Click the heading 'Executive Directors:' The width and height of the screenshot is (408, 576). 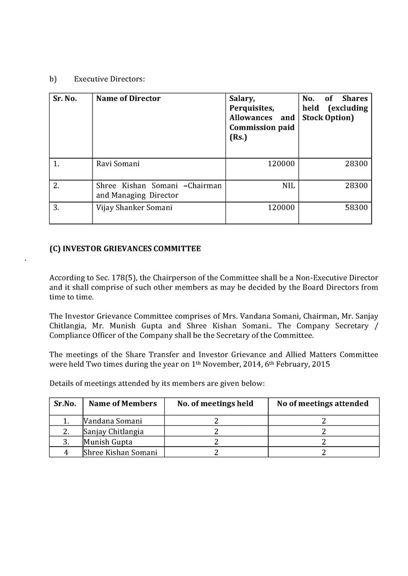coord(109,79)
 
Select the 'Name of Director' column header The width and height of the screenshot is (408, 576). coord(128,99)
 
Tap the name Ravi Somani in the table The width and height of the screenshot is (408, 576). coord(118,164)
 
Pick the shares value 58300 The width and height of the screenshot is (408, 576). coord(357,207)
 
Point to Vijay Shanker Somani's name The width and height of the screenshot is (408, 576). coord(134,207)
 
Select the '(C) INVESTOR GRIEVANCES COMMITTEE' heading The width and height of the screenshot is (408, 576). coord(125,249)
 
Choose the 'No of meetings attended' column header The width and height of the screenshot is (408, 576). coord(323,403)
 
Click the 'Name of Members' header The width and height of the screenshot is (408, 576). coord(123,403)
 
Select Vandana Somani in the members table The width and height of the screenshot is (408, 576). coord(113,420)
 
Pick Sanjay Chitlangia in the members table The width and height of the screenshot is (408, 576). coord(114,431)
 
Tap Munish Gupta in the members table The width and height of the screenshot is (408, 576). coord(108,442)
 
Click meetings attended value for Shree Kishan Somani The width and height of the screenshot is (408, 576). coord(323,452)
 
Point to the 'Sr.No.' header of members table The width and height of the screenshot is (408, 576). coord(65,403)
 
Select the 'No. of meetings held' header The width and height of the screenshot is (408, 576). coord(215,403)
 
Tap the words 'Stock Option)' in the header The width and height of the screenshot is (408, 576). coord(328,118)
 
